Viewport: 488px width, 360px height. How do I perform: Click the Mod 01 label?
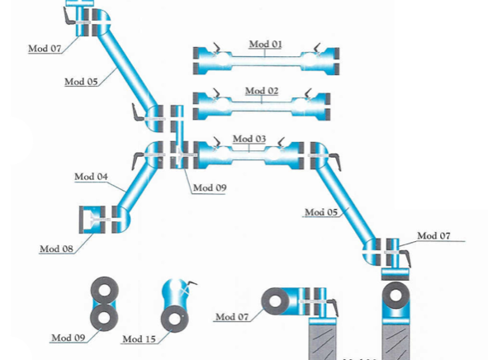[266, 45]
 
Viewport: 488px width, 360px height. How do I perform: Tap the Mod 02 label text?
[262, 91]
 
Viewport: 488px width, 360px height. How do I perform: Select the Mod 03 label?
[249, 139]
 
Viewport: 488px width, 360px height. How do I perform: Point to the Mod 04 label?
[91, 177]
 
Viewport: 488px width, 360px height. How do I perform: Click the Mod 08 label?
[56, 249]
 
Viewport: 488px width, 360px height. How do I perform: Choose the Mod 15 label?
[139, 339]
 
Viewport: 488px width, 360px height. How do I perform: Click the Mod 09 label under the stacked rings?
[69, 338]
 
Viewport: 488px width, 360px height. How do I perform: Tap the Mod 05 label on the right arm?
[321, 212]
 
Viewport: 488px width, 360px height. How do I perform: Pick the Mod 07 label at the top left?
[45, 49]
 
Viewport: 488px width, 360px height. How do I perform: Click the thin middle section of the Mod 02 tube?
[262, 107]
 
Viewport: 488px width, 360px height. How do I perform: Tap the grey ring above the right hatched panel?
[396, 296]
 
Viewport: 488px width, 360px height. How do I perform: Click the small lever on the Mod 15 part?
[192, 283]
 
